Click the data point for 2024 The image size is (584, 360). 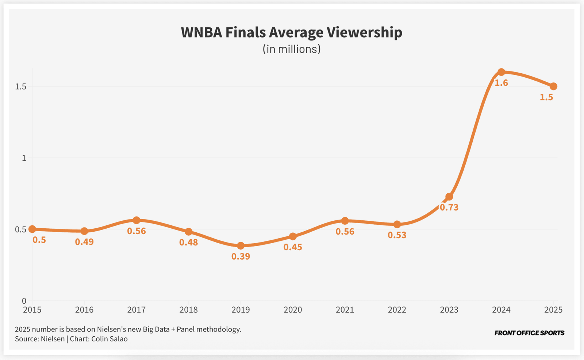click(x=501, y=72)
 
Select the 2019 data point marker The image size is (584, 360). click(x=241, y=246)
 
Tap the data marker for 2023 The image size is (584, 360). click(x=449, y=197)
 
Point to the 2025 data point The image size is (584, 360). click(x=553, y=86)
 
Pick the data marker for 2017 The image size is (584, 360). click(x=137, y=220)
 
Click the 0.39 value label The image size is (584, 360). click(x=241, y=256)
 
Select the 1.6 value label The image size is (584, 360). click(x=501, y=83)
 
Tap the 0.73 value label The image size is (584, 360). click(x=449, y=208)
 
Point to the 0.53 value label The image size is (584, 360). click(x=397, y=235)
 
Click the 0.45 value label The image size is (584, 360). click(x=293, y=247)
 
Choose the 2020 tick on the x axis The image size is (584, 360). click(x=293, y=310)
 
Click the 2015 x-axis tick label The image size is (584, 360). click(x=32, y=310)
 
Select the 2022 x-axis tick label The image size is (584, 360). click(x=397, y=310)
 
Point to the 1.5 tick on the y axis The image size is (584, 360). click(x=20, y=87)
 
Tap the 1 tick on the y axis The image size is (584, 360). click(x=24, y=158)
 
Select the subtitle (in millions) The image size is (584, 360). click(x=292, y=49)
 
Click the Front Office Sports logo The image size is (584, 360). click(x=529, y=333)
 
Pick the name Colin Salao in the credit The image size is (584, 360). click(x=109, y=339)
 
